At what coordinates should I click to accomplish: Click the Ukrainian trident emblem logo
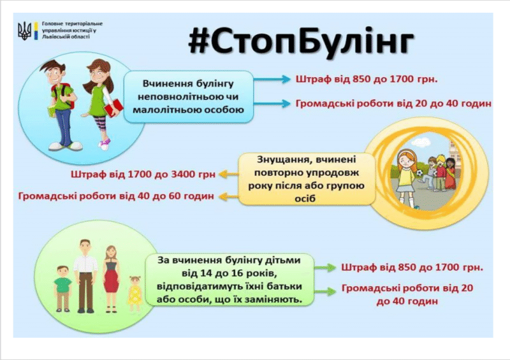[24, 31]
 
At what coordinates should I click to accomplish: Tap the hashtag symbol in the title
[200, 40]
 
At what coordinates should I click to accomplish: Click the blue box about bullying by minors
[188, 97]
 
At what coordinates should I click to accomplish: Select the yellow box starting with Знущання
[307, 179]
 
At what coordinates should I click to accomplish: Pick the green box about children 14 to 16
[229, 280]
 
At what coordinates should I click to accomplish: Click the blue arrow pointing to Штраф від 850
[272, 79]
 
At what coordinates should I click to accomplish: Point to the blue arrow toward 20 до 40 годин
[272, 103]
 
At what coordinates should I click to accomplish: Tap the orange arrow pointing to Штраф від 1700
[229, 175]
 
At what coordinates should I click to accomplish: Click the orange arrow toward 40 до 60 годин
[229, 196]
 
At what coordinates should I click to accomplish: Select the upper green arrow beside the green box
[325, 268]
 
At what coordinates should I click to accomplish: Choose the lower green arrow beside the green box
[325, 291]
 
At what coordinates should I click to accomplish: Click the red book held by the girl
[114, 107]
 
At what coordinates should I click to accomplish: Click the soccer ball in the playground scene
[420, 173]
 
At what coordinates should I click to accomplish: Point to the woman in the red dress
[111, 278]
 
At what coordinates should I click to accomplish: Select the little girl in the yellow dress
[135, 294]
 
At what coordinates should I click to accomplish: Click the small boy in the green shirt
[62, 289]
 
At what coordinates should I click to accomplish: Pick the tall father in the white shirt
[85, 277]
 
